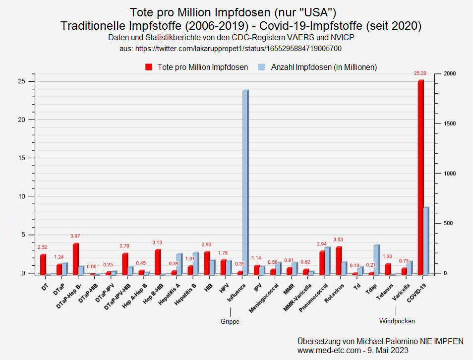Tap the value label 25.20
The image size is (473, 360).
pos(419,73)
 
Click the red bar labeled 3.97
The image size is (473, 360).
pos(75,258)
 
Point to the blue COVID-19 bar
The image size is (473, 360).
pos(426,240)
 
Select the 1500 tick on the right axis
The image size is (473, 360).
pos(449,123)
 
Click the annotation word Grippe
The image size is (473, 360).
pos(230,322)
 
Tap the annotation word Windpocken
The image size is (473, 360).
pos(397,321)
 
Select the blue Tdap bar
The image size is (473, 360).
pos(376,259)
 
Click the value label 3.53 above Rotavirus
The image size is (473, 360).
pos(338,240)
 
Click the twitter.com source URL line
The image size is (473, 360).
pos(231,49)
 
